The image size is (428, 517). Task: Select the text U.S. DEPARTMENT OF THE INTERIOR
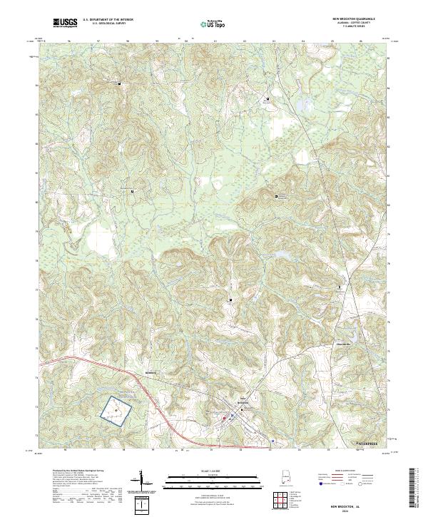pyautogui.click(x=107, y=20)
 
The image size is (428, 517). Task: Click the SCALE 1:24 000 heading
pyautogui.click(x=213, y=470)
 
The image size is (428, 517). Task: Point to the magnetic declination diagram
pyautogui.click(x=143, y=481)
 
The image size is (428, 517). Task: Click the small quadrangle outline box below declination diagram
pyautogui.click(x=143, y=504)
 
